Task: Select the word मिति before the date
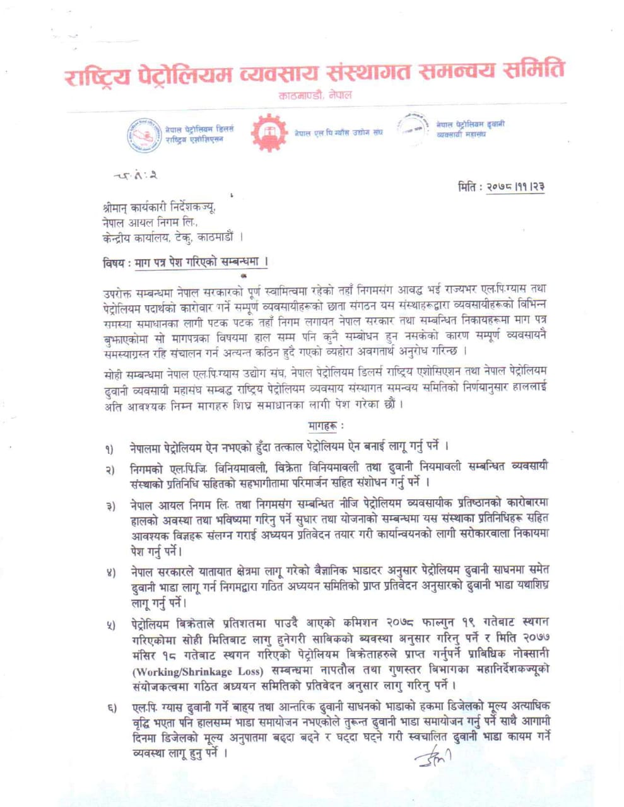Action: [x=469, y=187]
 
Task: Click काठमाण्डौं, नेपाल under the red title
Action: [x=315, y=95]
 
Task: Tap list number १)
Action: [x=110, y=450]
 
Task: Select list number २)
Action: [x=110, y=470]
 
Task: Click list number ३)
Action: [x=110, y=508]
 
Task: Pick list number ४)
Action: [x=110, y=574]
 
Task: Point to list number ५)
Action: [x=110, y=626]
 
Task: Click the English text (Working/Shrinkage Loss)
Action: [x=191, y=671]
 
